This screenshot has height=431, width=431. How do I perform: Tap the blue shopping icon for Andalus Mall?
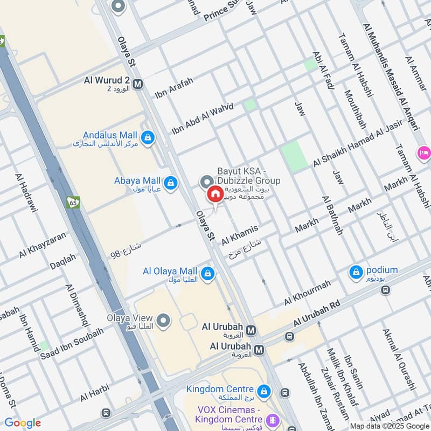148,138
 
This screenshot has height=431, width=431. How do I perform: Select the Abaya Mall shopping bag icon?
170,183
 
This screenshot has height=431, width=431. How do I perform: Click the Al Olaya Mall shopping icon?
207,274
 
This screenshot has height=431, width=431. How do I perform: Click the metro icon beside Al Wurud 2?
138,84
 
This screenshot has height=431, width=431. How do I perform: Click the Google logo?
22,423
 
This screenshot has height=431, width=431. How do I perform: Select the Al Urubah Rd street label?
317,314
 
